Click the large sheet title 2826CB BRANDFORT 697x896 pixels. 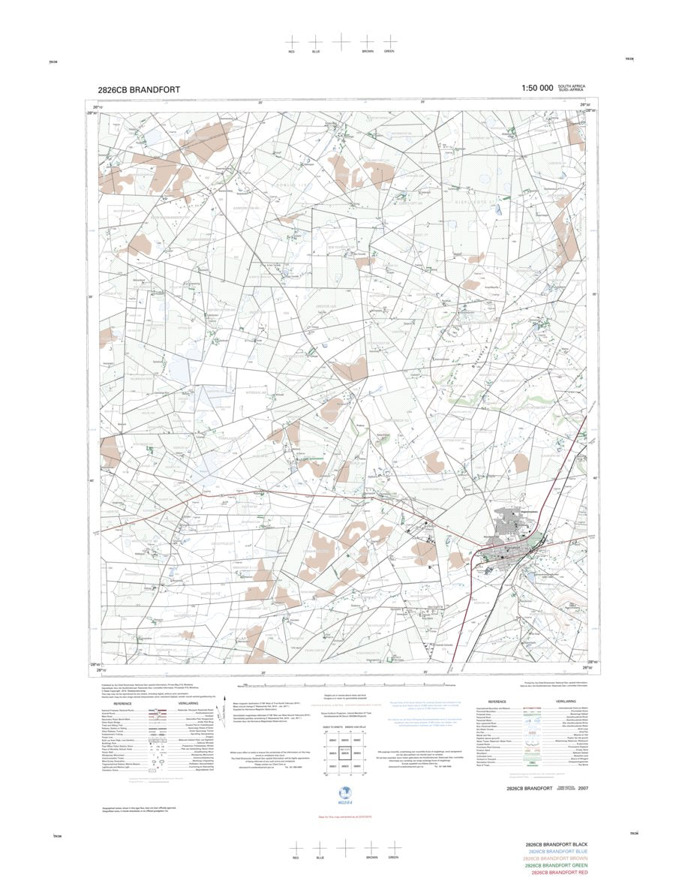[139, 89]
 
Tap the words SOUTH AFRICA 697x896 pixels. [572, 86]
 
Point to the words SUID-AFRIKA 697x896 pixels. [572, 91]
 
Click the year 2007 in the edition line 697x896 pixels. [583, 789]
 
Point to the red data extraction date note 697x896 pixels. [345, 816]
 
